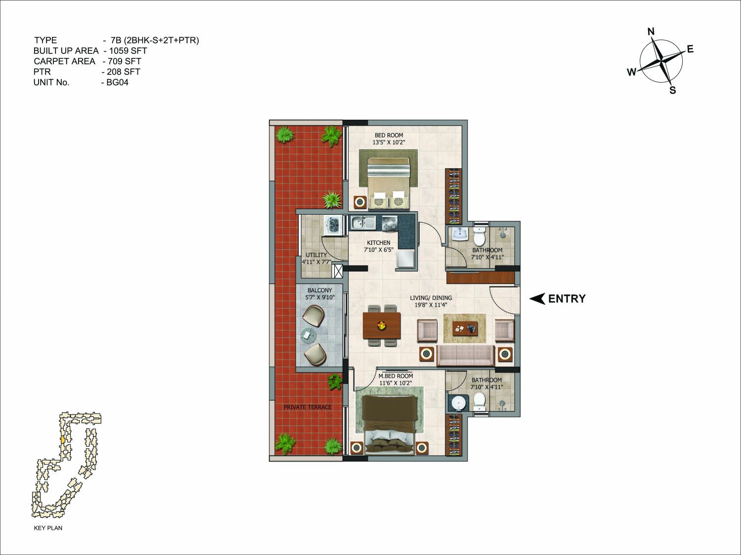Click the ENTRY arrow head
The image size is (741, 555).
[537, 299]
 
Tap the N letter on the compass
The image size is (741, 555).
[651, 32]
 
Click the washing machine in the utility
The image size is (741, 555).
[334, 225]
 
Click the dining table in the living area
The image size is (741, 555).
[382, 325]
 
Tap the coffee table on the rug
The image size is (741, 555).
[465, 327]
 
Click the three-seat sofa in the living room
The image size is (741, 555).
[465, 355]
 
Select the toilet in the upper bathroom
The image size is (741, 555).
[479, 236]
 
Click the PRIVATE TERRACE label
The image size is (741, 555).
[307, 408]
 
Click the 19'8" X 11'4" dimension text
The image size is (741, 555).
[431, 305]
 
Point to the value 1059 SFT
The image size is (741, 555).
[128, 50]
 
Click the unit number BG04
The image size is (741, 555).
[117, 83]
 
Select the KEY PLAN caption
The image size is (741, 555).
[48, 528]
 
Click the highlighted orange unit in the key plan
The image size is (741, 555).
[62, 440]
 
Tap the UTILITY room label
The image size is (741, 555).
[316, 255]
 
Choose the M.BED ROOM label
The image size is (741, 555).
[395, 376]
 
